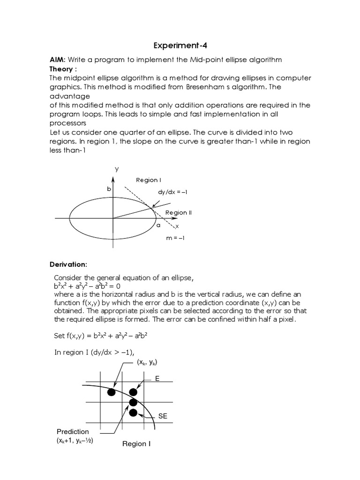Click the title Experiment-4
click(x=180, y=46)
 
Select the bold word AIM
click(x=58, y=60)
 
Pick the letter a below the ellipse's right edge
click(x=158, y=225)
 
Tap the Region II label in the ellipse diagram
click(x=179, y=212)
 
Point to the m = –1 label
click(x=175, y=238)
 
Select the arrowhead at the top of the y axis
click(x=113, y=178)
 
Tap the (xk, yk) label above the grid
click(x=148, y=362)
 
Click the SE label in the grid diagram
click(x=163, y=416)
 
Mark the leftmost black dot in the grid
click(x=111, y=392)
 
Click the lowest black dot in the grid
click(x=133, y=413)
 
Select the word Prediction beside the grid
click(x=73, y=431)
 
